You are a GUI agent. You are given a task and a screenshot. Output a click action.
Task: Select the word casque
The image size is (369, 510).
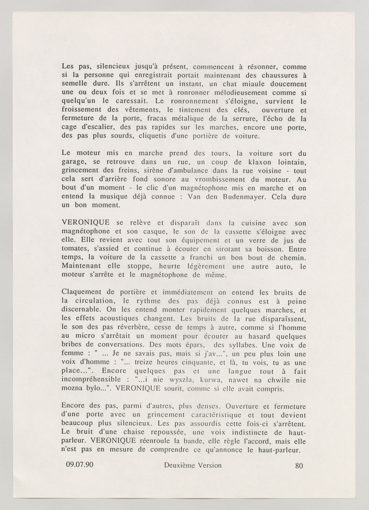(155, 232)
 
